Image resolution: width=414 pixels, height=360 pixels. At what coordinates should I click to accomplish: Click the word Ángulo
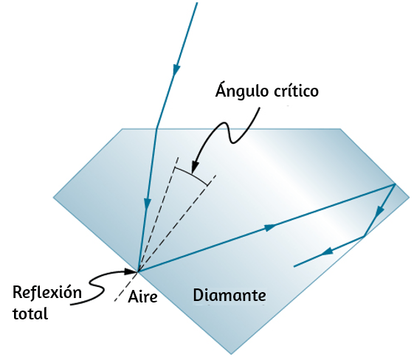tap(242, 91)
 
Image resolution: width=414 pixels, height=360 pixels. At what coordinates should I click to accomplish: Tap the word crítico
tap(296, 91)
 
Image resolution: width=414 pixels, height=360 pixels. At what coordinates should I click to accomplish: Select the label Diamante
tap(230, 295)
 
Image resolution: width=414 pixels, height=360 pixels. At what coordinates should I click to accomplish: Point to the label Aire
tap(142, 297)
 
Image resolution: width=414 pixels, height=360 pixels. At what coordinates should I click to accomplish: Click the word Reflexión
tap(47, 292)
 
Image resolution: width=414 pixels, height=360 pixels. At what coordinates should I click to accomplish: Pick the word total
tap(30, 314)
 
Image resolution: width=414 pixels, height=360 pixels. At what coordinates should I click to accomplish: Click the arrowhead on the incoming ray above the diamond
tap(176, 71)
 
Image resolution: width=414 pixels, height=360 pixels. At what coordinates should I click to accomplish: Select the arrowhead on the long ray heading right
tap(270, 227)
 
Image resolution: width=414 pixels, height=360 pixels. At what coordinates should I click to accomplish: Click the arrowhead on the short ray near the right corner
tap(379, 212)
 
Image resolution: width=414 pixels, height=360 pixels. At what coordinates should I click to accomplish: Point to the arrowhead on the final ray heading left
tap(327, 251)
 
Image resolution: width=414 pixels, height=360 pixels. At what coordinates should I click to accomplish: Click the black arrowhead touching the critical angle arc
tap(195, 167)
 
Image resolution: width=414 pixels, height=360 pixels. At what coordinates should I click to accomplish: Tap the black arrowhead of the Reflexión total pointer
tap(131, 271)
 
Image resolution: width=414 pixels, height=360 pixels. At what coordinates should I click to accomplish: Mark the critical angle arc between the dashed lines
tap(190, 173)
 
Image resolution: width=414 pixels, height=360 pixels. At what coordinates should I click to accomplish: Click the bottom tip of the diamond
tap(231, 354)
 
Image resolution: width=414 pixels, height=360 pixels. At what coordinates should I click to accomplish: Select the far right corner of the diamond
tap(410, 197)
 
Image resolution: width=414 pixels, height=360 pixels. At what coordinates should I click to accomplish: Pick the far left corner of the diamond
tap(53, 197)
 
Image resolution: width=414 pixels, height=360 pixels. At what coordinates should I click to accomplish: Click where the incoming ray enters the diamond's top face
tap(156, 129)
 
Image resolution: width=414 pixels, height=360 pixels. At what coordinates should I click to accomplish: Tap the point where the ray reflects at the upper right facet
tap(395, 184)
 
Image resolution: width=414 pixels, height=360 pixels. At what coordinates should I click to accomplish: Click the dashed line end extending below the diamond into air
tap(114, 301)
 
